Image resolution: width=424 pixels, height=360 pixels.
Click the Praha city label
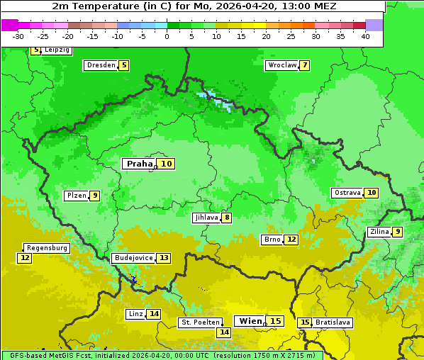tap(139, 164)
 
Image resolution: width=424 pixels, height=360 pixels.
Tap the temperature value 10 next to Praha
tap(166, 164)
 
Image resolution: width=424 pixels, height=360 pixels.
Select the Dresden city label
tap(101, 65)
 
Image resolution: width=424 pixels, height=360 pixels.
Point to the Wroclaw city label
tap(281, 65)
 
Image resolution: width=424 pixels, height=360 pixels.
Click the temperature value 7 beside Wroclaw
tap(305, 65)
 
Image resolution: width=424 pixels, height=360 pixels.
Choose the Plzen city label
tap(76, 196)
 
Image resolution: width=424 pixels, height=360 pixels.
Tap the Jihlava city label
tap(206, 218)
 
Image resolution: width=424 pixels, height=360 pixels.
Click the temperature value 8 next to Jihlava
tap(227, 218)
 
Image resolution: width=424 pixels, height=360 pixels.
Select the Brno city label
tap(272, 240)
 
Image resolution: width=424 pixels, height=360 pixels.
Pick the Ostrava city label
tap(347, 193)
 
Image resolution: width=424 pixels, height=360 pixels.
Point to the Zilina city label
tap(379, 232)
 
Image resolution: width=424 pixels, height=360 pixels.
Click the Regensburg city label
tap(47, 248)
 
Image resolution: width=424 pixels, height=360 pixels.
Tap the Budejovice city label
tap(133, 258)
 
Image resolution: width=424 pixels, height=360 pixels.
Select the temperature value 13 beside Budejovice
tap(164, 258)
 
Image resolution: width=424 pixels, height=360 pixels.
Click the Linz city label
tap(135, 314)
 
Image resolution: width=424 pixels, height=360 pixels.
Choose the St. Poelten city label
tap(199, 322)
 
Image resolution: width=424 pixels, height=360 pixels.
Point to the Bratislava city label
tap(333, 322)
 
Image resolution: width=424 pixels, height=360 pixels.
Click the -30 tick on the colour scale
tap(18, 36)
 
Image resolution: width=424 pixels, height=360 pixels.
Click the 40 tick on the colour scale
tap(365, 36)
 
